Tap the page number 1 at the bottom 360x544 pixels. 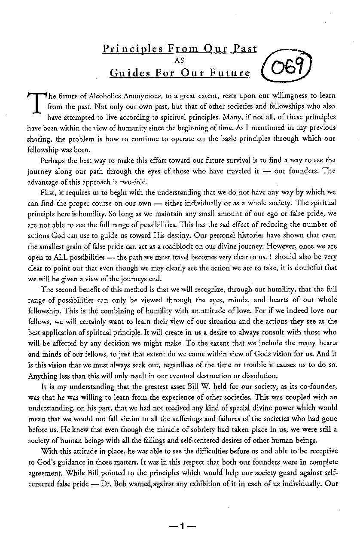click(182, 525)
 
